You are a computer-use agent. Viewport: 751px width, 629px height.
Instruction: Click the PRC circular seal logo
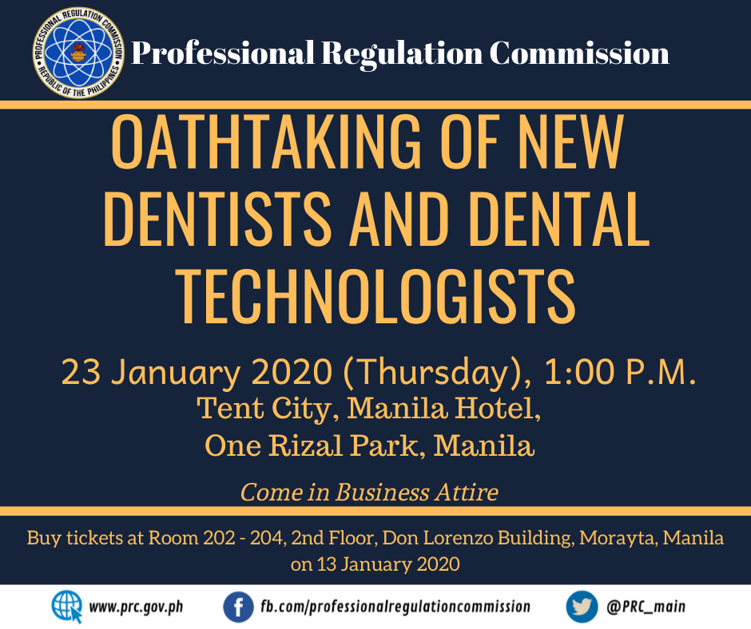click(78, 53)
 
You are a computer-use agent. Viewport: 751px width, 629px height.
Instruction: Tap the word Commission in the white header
click(579, 53)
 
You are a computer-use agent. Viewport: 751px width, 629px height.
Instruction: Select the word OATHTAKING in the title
click(266, 142)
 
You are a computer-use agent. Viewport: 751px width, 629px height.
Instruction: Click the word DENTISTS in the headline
click(217, 219)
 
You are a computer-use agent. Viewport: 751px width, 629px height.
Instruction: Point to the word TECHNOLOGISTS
click(375, 296)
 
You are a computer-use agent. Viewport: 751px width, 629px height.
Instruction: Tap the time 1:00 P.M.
click(620, 372)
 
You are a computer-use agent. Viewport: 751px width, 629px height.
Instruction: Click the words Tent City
click(263, 409)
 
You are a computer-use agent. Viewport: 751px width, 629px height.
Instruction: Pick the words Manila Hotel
click(443, 409)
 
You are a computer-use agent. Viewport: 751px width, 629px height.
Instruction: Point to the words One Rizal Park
click(312, 445)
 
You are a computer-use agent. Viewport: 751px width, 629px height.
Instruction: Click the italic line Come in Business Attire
click(369, 492)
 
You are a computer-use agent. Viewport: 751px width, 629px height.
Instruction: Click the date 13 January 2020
click(388, 564)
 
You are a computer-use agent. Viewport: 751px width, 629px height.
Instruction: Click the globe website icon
click(67, 607)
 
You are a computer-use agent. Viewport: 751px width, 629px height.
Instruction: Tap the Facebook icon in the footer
click(238, 607)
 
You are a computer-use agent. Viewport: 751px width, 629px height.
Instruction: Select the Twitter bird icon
click(582, 607)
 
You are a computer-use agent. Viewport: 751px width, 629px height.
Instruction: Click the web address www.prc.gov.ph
click(136, 607)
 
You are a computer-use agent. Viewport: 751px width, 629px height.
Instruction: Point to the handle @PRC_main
click(646, 607)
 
